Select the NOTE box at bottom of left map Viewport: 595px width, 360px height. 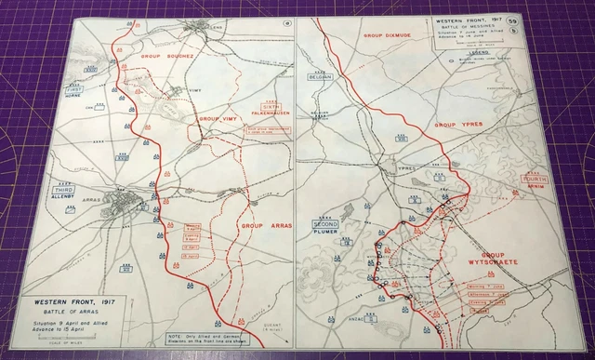(204, 336)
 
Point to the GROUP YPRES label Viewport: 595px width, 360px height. (458, 124)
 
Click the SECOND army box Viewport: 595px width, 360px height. (325, 225)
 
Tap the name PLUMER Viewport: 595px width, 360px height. (325, 234)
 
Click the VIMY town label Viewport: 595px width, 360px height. (194, 89)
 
